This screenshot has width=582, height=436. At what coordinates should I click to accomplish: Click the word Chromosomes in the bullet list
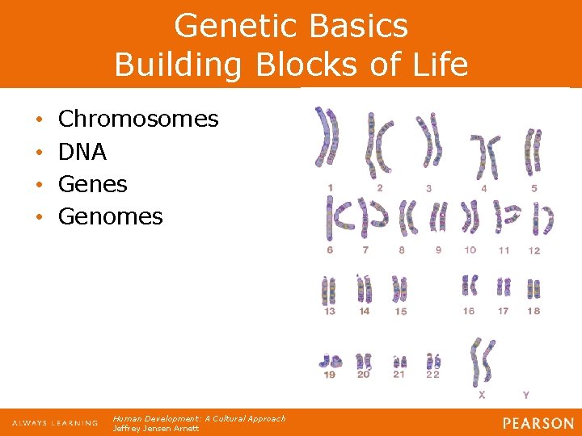click(138, 119)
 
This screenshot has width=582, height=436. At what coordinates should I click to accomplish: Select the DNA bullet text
click(82, 152)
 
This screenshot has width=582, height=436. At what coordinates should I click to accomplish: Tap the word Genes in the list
click(93, 184)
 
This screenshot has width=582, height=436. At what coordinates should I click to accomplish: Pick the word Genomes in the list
click(111, 216)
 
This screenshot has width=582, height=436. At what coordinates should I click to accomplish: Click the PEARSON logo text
click(538, 423)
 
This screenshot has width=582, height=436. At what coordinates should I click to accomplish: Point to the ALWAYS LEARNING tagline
click(54, 423)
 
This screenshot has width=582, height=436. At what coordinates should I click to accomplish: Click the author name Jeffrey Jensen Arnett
click(156, 429)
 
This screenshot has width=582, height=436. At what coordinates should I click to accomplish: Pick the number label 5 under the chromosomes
click(533, 188)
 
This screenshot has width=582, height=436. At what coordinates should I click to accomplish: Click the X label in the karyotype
click(483, 395)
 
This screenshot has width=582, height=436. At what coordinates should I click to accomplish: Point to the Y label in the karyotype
click(526, 395)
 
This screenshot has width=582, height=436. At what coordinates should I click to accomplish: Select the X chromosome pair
click(483, 363)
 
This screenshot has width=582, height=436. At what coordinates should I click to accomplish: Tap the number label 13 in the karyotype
click(330, 311)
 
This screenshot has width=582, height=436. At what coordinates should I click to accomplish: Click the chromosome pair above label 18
click(533, 287)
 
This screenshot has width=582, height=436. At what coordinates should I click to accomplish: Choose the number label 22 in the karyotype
click(434, 375)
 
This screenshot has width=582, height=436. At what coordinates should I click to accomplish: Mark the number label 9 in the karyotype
click(439, 250)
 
